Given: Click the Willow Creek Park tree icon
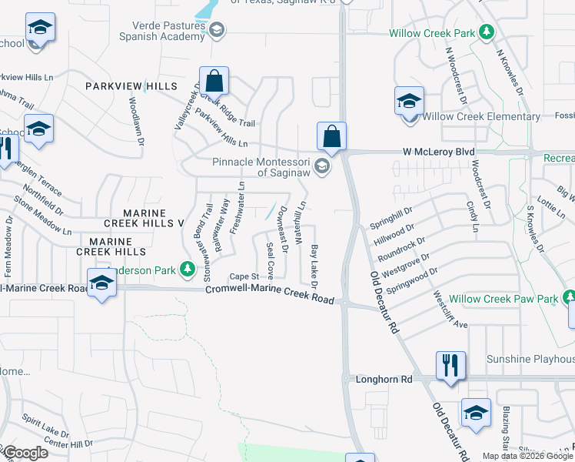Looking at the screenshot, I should [x=486, y=32].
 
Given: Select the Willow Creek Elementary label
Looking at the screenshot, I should [x=481, y=117].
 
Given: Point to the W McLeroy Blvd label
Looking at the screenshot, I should [x=434, y=152].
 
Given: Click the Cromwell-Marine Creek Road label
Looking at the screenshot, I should [x=270, y=293].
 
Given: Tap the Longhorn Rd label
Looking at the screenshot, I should [x=384, y=380].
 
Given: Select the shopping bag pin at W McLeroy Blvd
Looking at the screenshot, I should [x=331, y=136].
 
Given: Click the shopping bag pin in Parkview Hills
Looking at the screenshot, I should [x=215, y=79].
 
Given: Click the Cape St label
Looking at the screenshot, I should [x=242, y=276].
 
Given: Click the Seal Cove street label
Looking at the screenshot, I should [x=270, y=260].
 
